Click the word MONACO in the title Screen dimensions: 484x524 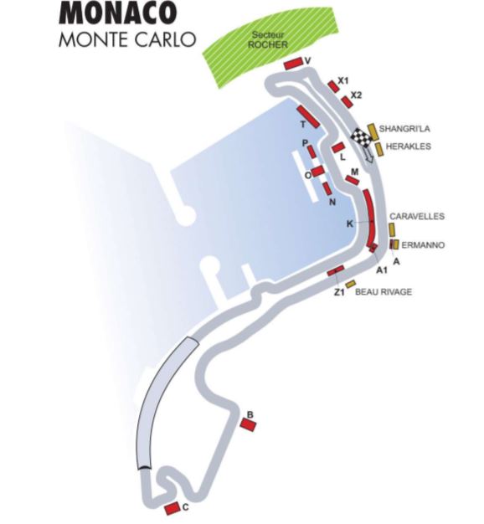coord(117,13)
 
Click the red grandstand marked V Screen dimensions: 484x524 coord(293,63)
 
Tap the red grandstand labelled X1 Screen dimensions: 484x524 coord(333,86)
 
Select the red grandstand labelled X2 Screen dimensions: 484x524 coord(348,101)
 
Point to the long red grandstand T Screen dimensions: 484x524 coord(308,116)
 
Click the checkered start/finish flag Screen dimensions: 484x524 coord(361,137)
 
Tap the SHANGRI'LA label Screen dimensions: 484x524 coord(404,129)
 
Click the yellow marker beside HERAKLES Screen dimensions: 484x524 coord(378,149)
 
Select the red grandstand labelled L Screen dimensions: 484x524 coord(338,147)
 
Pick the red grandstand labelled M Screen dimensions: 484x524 coord(353,180)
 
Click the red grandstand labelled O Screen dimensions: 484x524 coord(318,171)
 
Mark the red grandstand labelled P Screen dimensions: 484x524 coord(312,152)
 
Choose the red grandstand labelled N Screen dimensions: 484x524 coord(327,188)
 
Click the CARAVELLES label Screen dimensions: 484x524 coord(417,216)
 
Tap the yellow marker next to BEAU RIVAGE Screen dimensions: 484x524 coord(350,284)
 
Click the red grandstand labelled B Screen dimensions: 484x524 coord(248,424)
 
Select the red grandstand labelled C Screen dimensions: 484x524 coord(172,509)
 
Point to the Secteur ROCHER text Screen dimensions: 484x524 coord(268,39)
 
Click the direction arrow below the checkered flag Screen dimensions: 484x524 coord(368,155)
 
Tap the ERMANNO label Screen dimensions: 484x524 coord(423,245)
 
